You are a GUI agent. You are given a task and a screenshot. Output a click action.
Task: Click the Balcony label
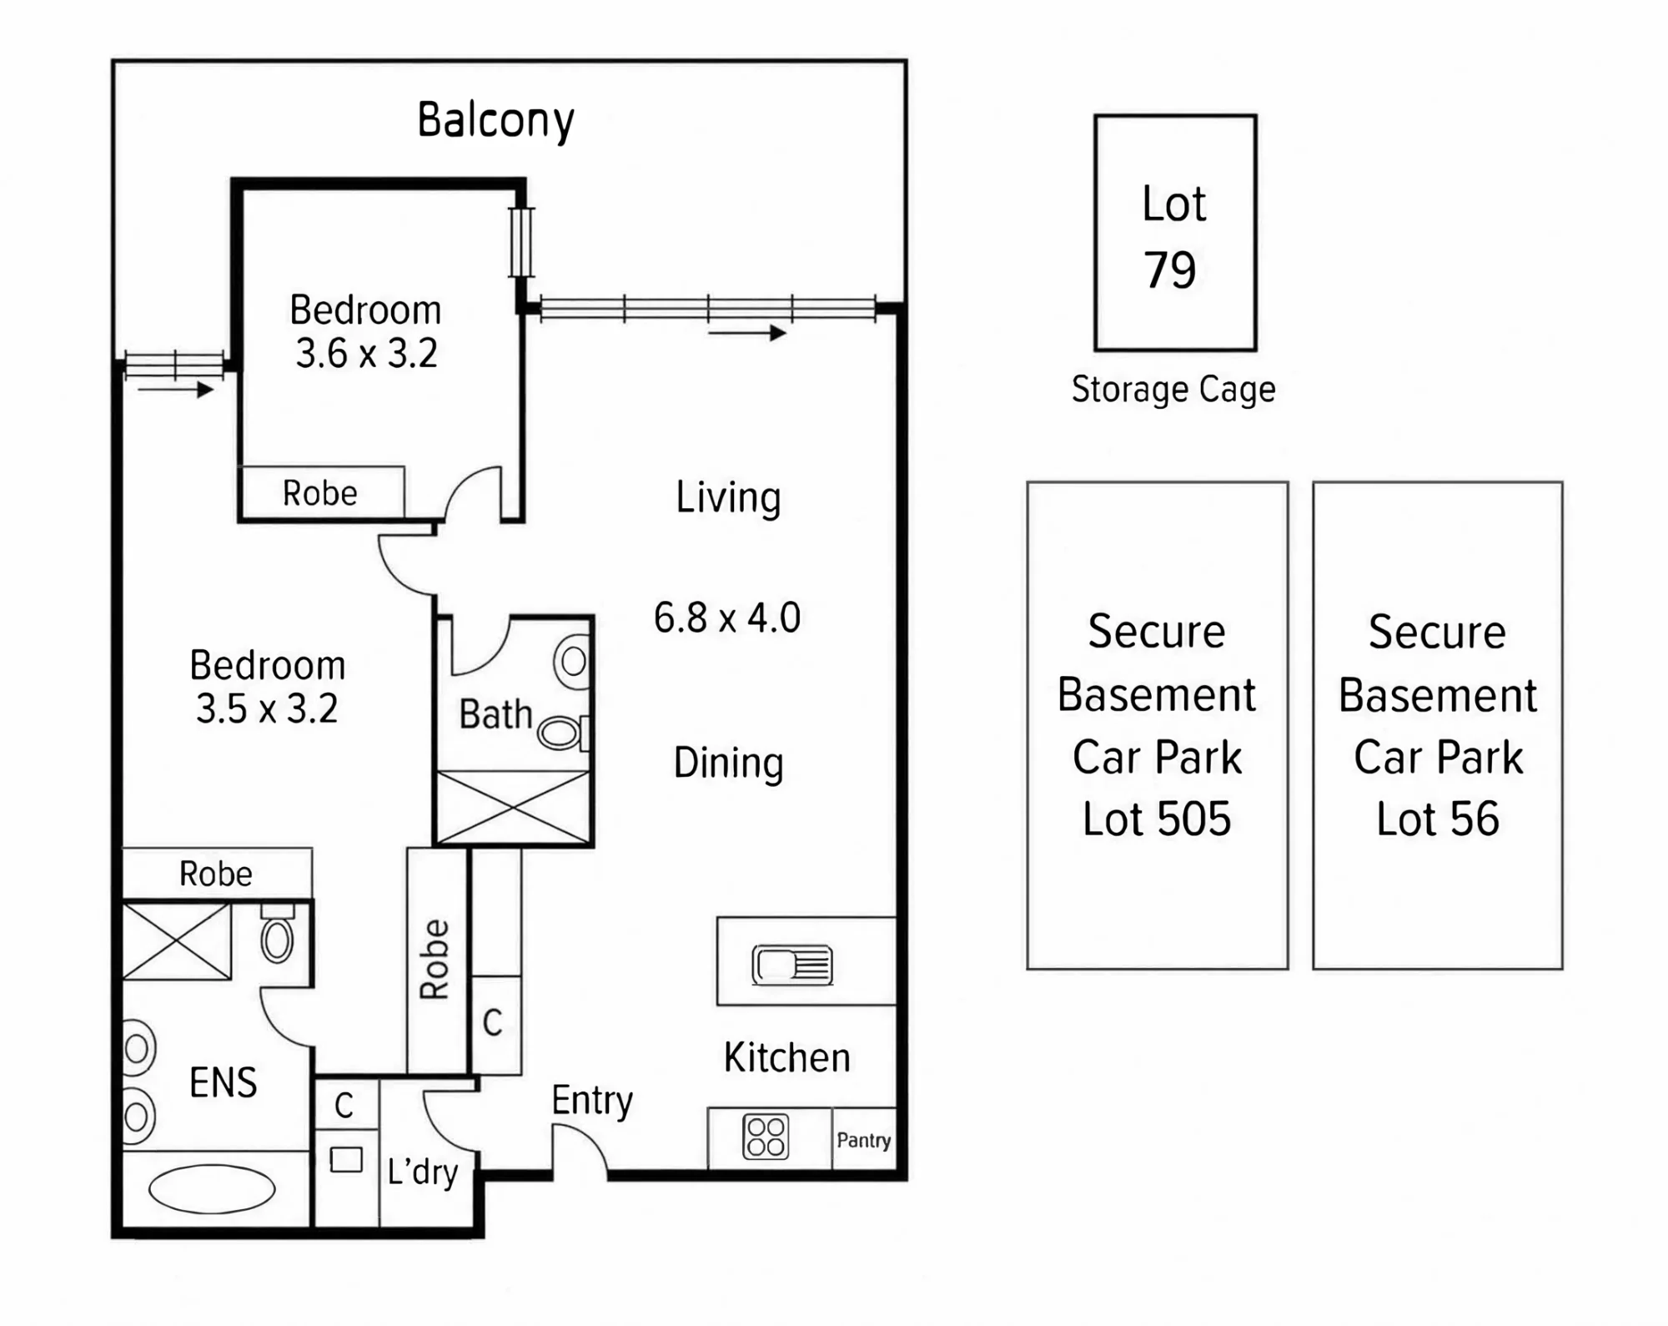coord(495,121)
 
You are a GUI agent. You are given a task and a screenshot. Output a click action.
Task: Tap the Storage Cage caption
coord(1173,390)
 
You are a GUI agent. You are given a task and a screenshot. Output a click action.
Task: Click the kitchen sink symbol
coord(792,965)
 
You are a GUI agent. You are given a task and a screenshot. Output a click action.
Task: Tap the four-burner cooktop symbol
coord(766,1137)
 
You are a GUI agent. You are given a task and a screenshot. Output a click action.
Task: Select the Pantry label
coord(863,1141)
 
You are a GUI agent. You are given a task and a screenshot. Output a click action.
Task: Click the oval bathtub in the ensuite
coord(212,1188)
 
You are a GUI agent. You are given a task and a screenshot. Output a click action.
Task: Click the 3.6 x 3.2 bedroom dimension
coord(366,353)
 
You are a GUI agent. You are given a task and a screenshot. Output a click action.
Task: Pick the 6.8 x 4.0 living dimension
coord(727,618)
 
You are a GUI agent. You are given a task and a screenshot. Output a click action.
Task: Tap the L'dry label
coord(423,1172)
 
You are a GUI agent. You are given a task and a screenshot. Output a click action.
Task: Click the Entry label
coord(592,1101)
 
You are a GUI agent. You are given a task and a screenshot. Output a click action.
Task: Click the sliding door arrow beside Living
coord(746,333)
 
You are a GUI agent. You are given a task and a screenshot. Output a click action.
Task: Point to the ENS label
coord(223,1083)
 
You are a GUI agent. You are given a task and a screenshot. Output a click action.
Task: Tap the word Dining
coord(728,764)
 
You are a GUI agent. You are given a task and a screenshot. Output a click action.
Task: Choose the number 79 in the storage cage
coord(1169,270)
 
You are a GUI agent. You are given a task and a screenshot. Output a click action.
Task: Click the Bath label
coord(495,715)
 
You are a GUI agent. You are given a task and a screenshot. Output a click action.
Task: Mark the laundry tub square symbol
coord(346,1159)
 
